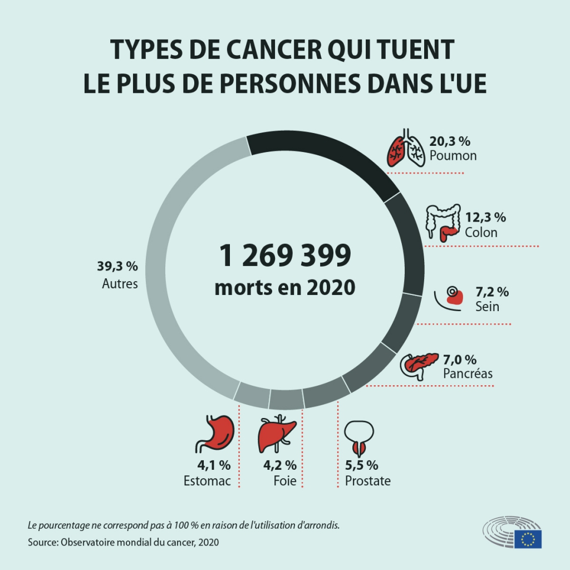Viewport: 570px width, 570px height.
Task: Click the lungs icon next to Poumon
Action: pyautogui.click(x=406, y=149)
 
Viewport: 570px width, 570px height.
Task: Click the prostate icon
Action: pyautogui.click(x=358, y=438)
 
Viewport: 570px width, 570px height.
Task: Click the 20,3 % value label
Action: pyautogui.click(x=450, y=141)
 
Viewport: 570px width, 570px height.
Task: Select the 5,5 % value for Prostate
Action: pyautogui.click(x=362, y=465)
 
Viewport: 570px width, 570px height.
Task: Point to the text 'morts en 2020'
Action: pyautogui.click(x=284, y=288)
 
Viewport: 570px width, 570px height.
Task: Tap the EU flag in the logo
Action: pyautogui.click(x=528, y=538)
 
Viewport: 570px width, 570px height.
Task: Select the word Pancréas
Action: pyautogui.click(x=468, y=374)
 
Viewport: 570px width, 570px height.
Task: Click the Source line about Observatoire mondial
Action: pyautogui.click(x=123, y=542)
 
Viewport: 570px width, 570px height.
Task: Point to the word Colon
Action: pyautogui.click(x=481, y=232)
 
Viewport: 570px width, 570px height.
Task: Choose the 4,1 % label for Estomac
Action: pyautogui.click(x=214, y=465)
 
